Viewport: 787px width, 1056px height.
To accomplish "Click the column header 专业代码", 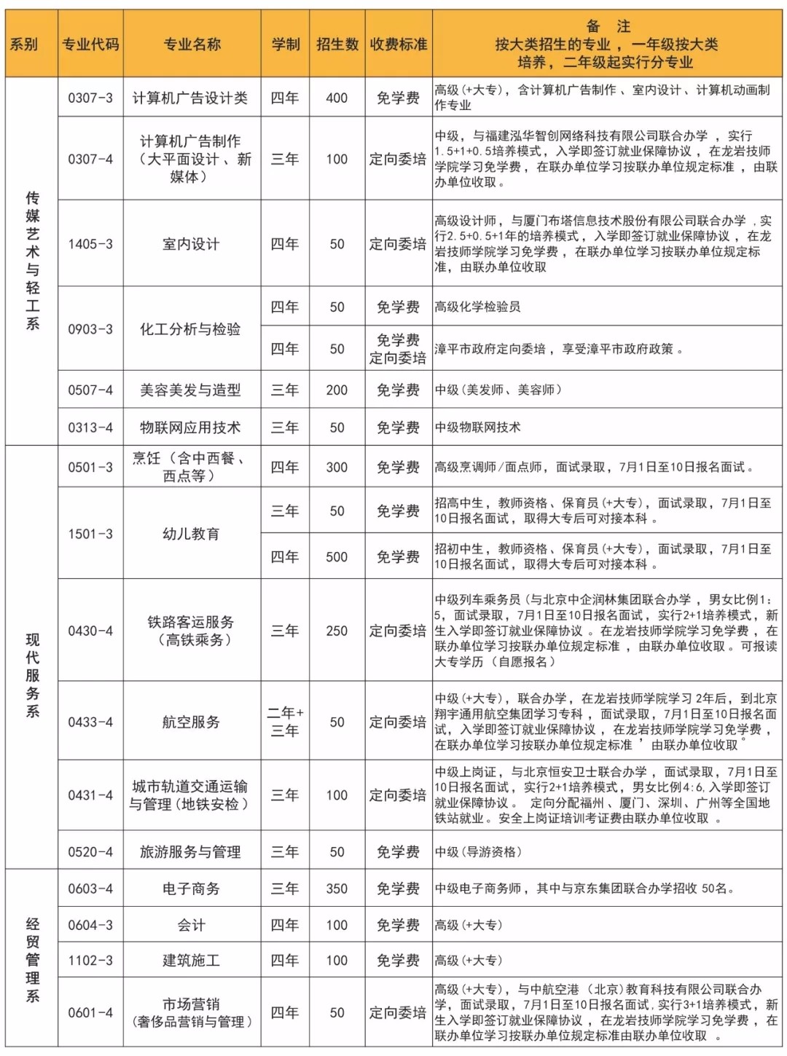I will point(90,44).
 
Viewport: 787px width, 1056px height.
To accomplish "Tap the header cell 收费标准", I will point(398,44).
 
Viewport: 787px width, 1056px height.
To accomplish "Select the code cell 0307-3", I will point(90,98).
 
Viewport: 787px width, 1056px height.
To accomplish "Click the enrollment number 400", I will point(337,98).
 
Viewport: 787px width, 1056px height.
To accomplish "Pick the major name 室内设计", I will point(191,244).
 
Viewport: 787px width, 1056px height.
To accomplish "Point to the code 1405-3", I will point(90,244).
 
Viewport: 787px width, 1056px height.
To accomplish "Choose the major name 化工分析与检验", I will point(191,329).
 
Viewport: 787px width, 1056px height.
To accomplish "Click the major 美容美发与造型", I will point(191,390).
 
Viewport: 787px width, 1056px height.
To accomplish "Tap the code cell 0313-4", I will point(90,427).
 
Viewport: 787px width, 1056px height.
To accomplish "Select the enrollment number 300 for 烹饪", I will point(337,468).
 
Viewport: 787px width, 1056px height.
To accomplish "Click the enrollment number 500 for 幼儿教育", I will point(337,557).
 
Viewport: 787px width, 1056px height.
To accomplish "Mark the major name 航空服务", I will point(191,722).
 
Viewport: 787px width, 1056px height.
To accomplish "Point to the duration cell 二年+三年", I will point(285,722).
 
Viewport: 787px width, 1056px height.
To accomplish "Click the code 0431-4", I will point(90,795).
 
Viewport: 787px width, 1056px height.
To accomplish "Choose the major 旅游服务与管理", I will point(191,852).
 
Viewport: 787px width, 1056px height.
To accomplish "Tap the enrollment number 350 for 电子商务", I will point(337,888).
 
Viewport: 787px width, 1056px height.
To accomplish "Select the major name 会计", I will point(191,926).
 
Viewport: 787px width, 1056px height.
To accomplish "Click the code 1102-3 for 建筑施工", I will point(90,961).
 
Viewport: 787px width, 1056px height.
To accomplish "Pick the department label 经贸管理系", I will point(33,960).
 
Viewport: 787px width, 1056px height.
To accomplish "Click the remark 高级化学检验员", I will point(478,307).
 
